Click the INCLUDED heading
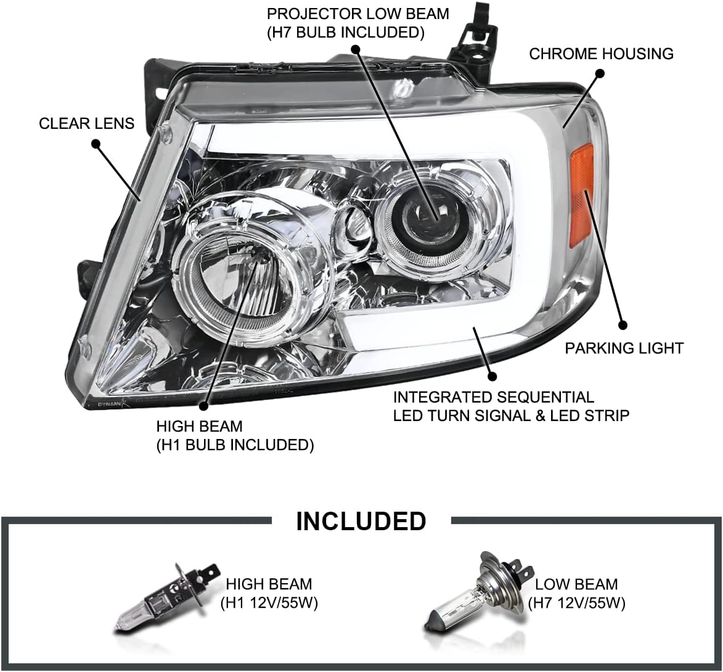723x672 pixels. tap(361, 521)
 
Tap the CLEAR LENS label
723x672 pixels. tap(86, 123)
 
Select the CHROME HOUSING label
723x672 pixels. tap(601, 54)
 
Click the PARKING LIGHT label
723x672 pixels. tap(624, 348)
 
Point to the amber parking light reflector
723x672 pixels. tap(581, 194)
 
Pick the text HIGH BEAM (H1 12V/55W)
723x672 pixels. tap(269, 593)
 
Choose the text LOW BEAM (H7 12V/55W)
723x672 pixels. tap(576, 593)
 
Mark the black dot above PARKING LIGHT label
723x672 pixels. tap(622, 324)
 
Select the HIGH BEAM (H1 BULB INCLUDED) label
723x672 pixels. tap(234, 435)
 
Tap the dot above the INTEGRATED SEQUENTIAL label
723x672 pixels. tap(491, 375)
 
